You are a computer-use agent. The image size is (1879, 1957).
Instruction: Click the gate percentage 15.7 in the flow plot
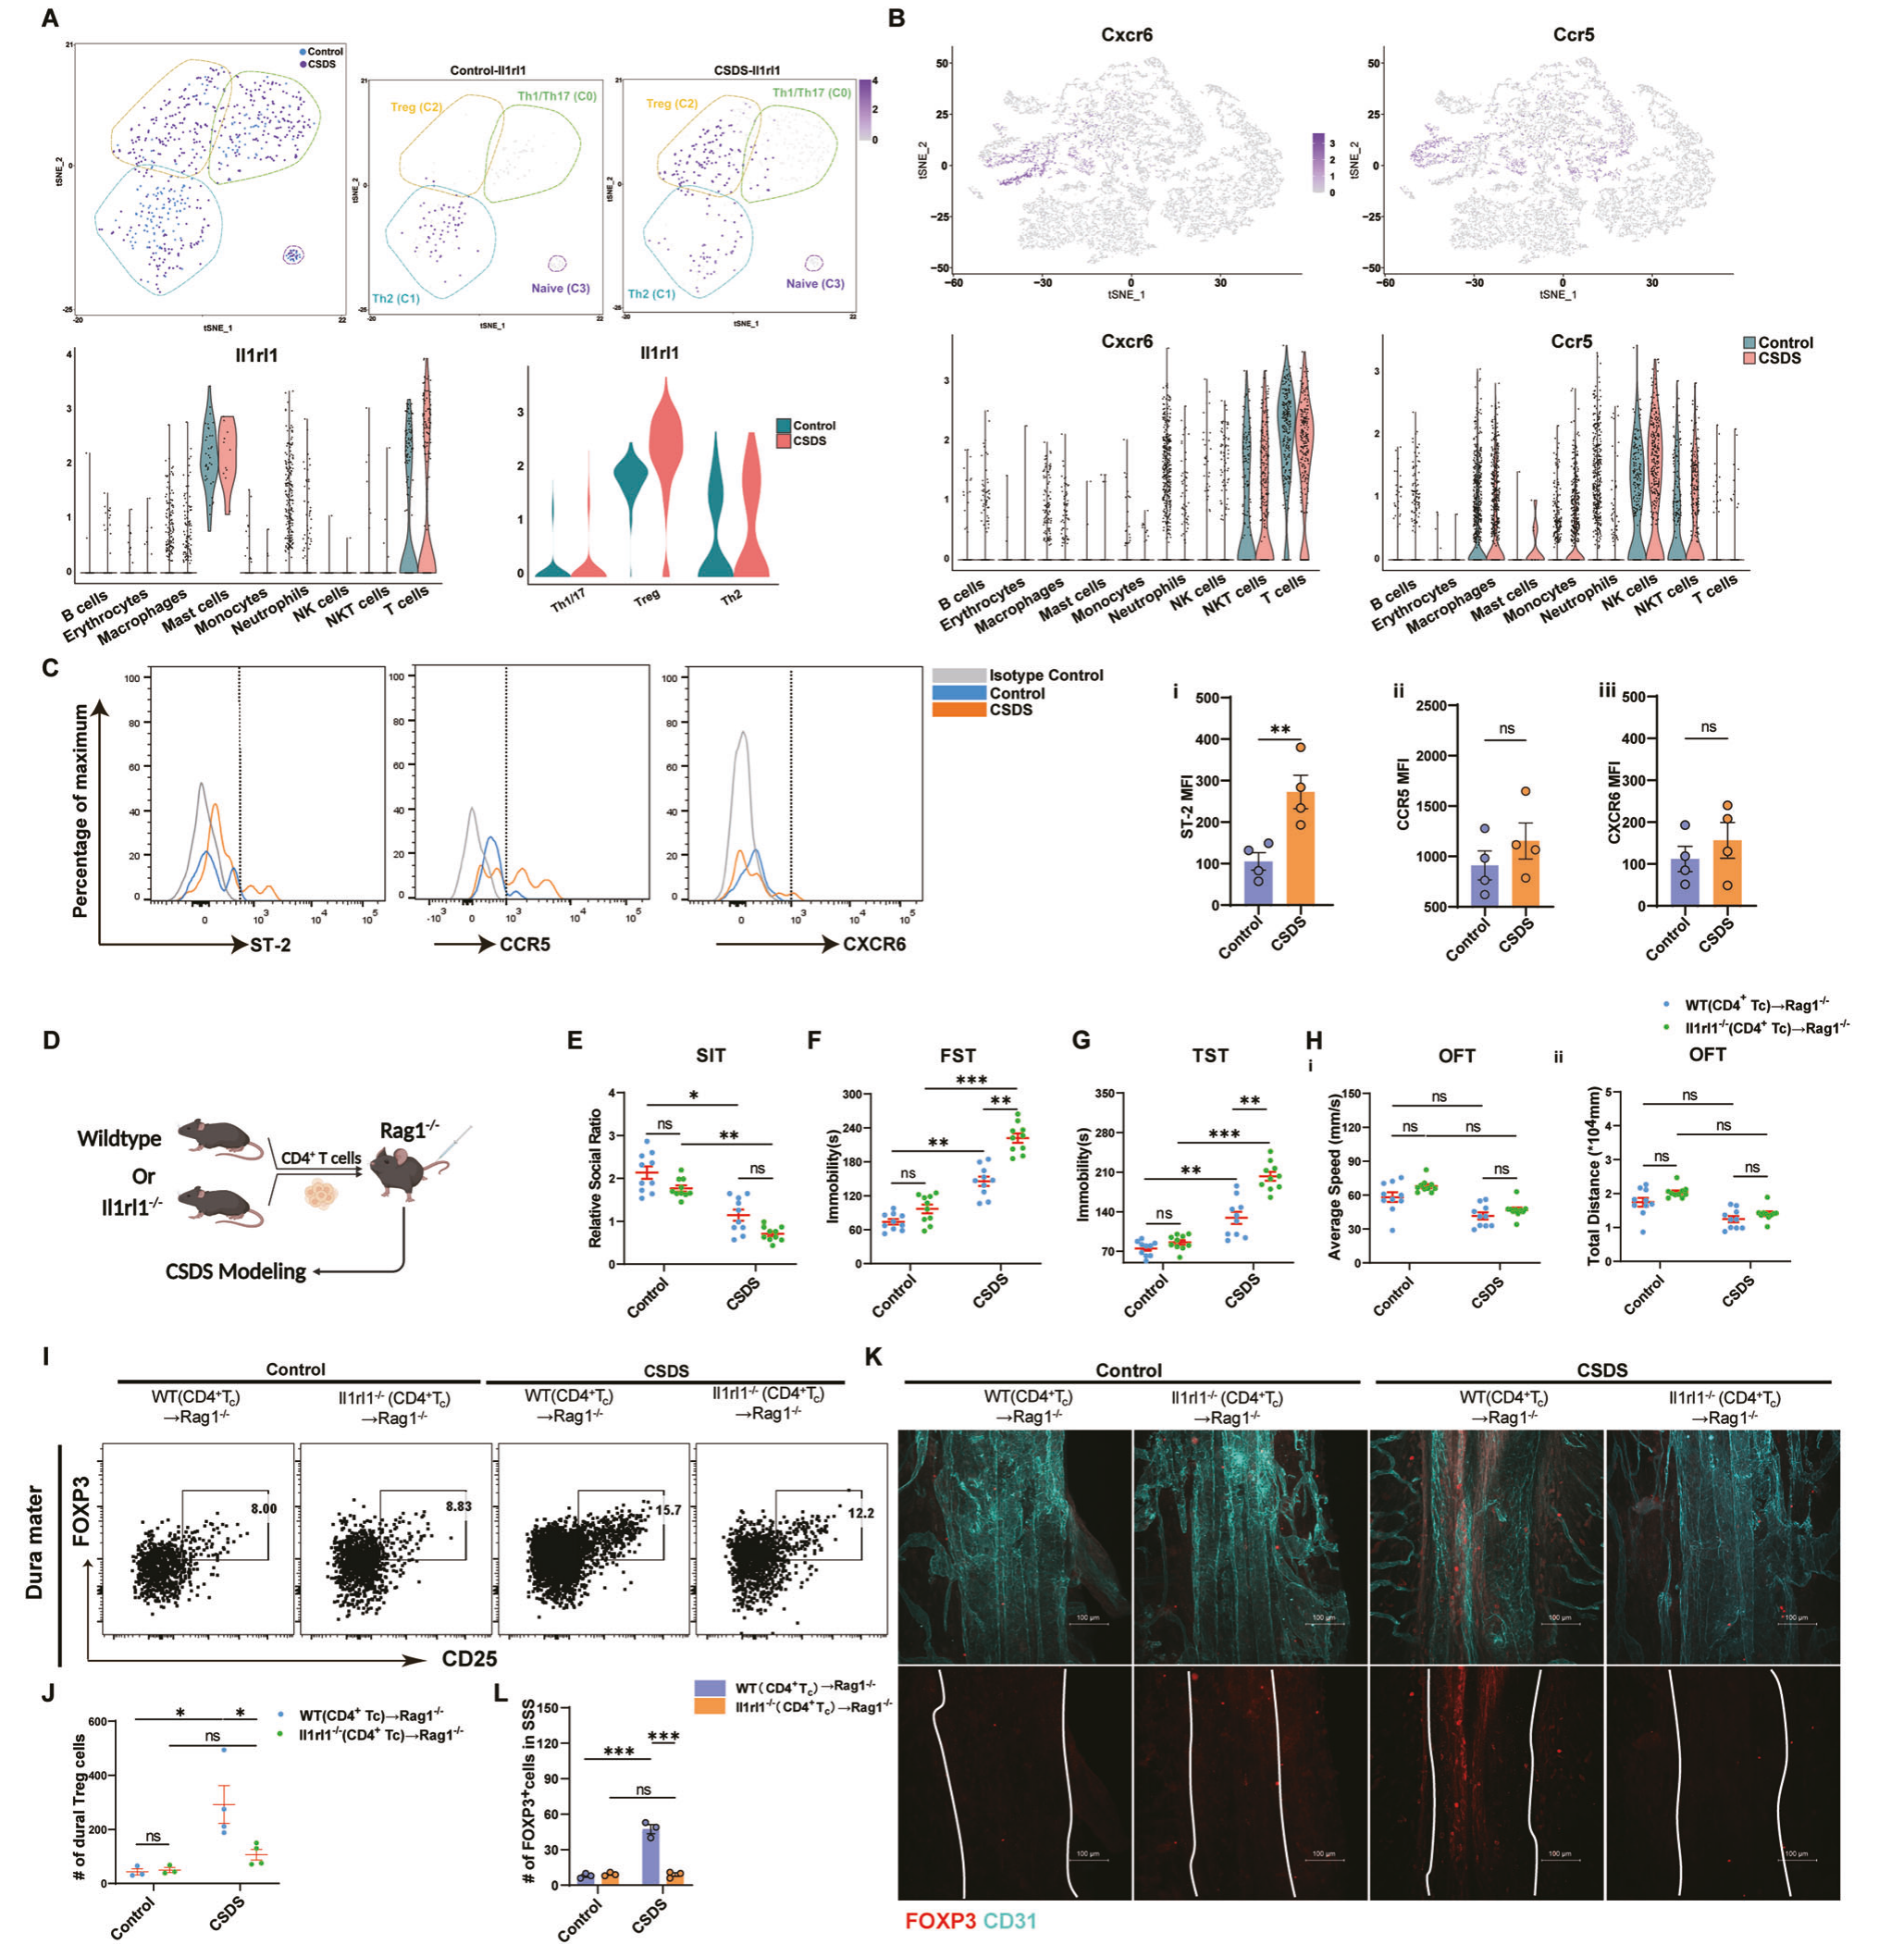pos(667,1510)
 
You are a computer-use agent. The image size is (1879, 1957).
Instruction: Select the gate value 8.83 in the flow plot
pos(458,1505)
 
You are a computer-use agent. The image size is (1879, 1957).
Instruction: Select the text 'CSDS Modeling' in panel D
pos(236,1271)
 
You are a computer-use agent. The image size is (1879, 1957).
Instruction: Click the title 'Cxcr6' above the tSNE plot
pos(1126,35)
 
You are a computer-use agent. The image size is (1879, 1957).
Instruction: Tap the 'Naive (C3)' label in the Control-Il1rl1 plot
pos(560,289)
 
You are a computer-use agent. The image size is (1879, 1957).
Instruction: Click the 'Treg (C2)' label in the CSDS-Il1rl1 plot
pos(672,104)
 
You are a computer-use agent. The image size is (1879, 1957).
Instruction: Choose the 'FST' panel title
pos(958,1056)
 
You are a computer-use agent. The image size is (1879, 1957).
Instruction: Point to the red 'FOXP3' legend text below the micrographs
pos(940,1920)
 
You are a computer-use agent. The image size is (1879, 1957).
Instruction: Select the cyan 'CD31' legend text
pos(1009,1920)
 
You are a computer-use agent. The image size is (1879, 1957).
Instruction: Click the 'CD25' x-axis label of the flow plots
pos(469,1658)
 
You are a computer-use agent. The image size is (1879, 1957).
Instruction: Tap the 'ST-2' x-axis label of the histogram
pos(270,945)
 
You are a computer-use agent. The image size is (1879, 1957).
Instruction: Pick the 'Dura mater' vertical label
pos(35,1542)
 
